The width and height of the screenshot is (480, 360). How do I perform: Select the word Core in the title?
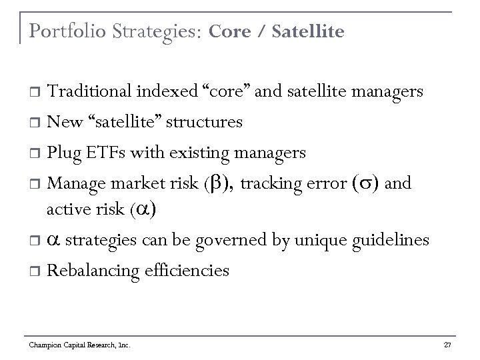tap(228, 31)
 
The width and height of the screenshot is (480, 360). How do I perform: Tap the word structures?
tap(204, 123)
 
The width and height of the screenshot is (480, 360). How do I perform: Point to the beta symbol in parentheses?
tap(217, 183)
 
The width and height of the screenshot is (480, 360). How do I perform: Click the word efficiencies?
tap(187, 271)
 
